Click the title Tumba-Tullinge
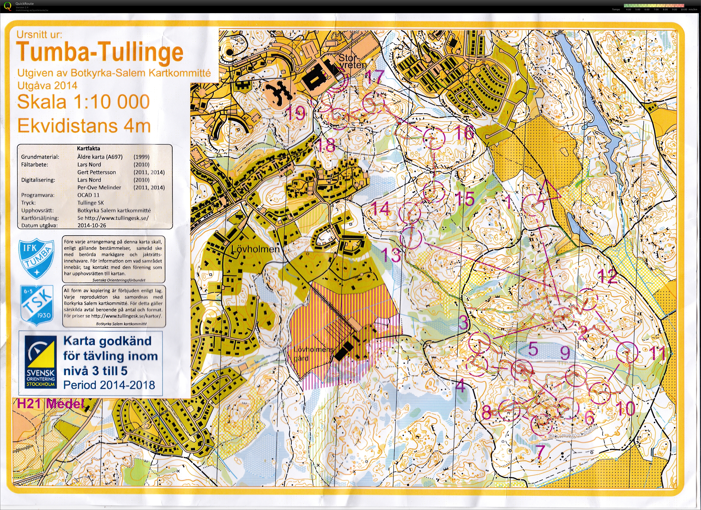(100, 53)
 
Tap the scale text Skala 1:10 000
(83, 102)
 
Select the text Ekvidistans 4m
(84, 126)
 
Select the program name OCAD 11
(88, 195)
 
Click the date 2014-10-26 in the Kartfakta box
(92, 225)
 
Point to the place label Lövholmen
(255, 249)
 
